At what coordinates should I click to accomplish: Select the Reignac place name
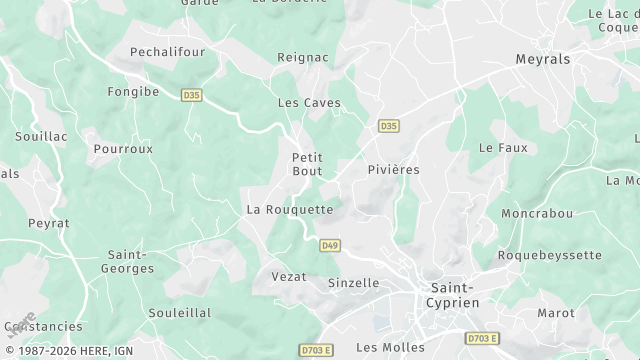(302, 57)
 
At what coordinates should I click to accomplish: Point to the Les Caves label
(309, 103)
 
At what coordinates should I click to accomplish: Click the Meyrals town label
(543, 59)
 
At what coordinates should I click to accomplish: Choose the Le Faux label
(503, 147)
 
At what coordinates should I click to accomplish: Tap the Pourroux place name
(123, 148)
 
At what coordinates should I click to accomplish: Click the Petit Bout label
(307, 165)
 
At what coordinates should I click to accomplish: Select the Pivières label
(394, 170)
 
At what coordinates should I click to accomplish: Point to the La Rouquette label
(290, 210)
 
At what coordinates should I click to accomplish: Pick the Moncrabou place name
(537, 214)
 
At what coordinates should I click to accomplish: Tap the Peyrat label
(49, 223)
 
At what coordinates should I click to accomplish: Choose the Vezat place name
(289, 276)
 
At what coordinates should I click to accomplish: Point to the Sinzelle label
(354, 283)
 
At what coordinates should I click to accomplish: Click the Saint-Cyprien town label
(452, 294)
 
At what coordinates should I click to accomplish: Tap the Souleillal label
(180, 313)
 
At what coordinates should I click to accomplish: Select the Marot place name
(556, 313)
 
